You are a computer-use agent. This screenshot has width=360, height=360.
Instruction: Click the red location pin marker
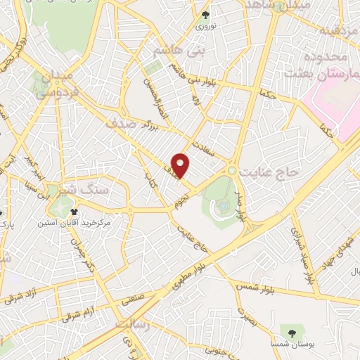tap(181, 165)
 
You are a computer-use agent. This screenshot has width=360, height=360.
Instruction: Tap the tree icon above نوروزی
tap(206, 15)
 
